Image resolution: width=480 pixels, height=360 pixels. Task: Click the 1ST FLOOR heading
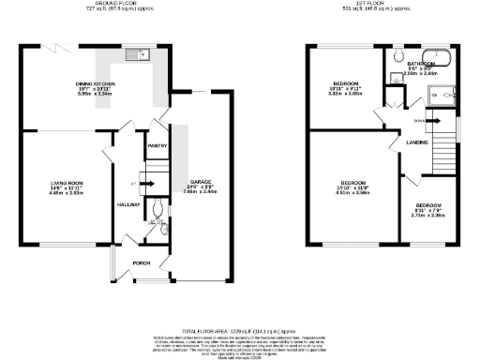(367, 5)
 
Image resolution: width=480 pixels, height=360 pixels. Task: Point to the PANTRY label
(156, 145)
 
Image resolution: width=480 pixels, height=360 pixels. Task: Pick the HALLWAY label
(127, 203)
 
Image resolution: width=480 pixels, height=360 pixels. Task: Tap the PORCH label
(142, 262)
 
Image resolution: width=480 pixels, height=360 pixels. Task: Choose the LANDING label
(417, 142)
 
